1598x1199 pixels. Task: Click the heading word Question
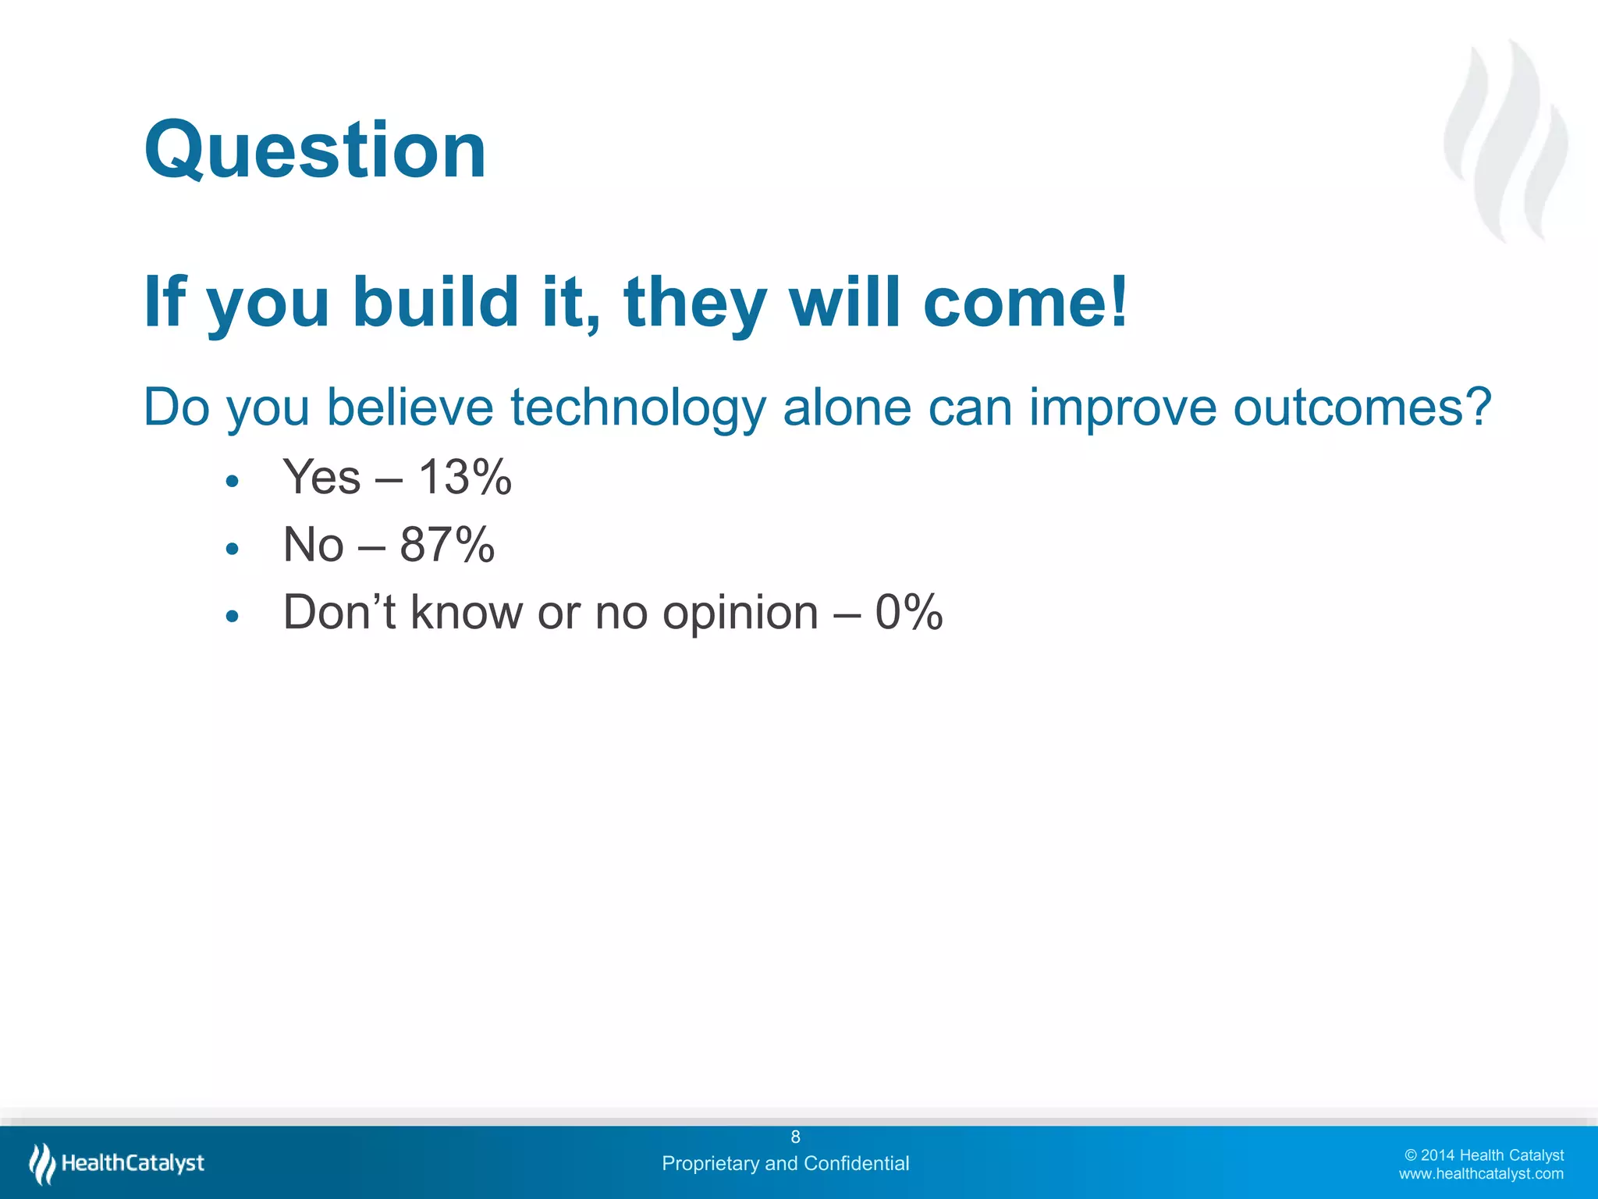(x=315, y=150)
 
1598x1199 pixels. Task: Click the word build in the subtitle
(x=435, y=302)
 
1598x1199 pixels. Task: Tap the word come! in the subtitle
(x=1024, y=302)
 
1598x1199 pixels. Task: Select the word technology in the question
(x=637, y=407)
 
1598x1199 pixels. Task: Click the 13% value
(x=465, y=477)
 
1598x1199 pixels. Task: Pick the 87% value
(x=447, y=545)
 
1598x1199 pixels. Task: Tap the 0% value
(x=909, y=612)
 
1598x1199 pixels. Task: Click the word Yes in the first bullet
(x=321, y=477)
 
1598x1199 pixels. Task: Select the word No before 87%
(x=313, y=545)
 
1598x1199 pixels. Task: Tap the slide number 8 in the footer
(x=795, y=1137)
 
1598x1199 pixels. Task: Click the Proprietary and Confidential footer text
(x=785, y=1163)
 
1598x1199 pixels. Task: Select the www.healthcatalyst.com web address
(x=1480, y=1173)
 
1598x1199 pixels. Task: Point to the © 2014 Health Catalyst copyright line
(x=1483, y=1155)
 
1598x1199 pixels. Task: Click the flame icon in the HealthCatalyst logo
(x=42, y=1163)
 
